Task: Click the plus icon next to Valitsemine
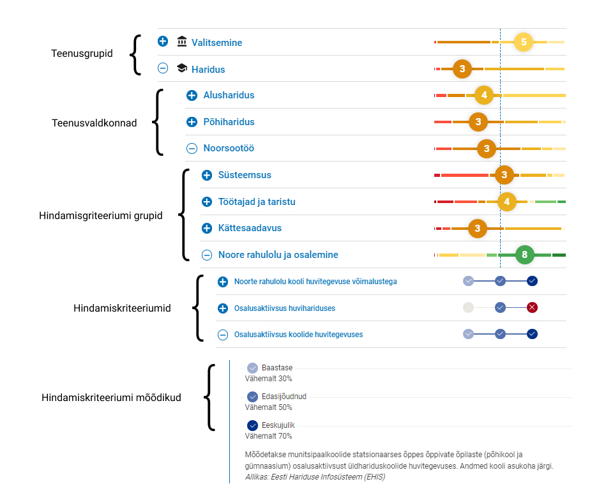(x=163, y=41)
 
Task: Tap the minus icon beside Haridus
(x=163, y=68)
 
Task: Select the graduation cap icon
(x=182, y=68)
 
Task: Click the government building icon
(x=182, y=41)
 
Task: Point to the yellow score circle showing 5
(x=524, y=42)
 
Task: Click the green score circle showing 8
(x=524, y=255)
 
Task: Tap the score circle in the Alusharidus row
(x=484, y=95)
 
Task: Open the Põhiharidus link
(x=229, y=122)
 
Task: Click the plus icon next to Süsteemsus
(x=207, y=175)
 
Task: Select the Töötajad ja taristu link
(x=257, y=202)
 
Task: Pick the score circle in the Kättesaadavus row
(x=478, y=229)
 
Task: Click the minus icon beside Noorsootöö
(x=192, y=148)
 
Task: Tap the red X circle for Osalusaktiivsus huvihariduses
(x=532, y=308)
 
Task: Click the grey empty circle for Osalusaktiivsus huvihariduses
(x=468, y=308)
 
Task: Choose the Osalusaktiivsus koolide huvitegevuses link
(x=298, y=335)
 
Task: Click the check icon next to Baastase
(x=252, y=368)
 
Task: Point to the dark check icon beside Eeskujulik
(x=252, y=425)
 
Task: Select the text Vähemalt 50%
(x=268, y=407)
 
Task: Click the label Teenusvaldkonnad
(x=94, y=123)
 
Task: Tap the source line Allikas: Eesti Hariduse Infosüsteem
(x=315, y=477)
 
